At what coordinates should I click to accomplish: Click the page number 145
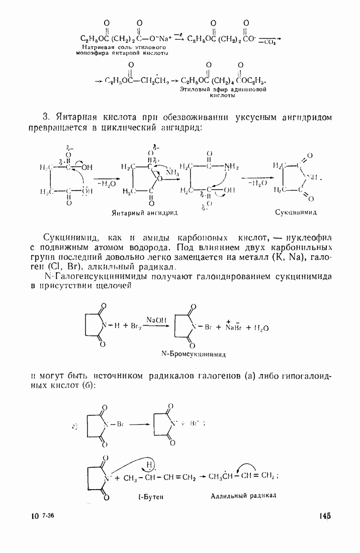324,516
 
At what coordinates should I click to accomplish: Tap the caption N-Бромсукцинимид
194,354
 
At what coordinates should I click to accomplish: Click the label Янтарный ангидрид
144,213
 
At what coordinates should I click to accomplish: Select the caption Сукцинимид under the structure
296,212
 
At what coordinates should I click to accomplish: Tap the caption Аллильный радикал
244,495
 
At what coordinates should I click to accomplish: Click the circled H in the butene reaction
150,465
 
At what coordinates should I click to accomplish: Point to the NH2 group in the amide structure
231,166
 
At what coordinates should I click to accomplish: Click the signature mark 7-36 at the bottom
48,516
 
